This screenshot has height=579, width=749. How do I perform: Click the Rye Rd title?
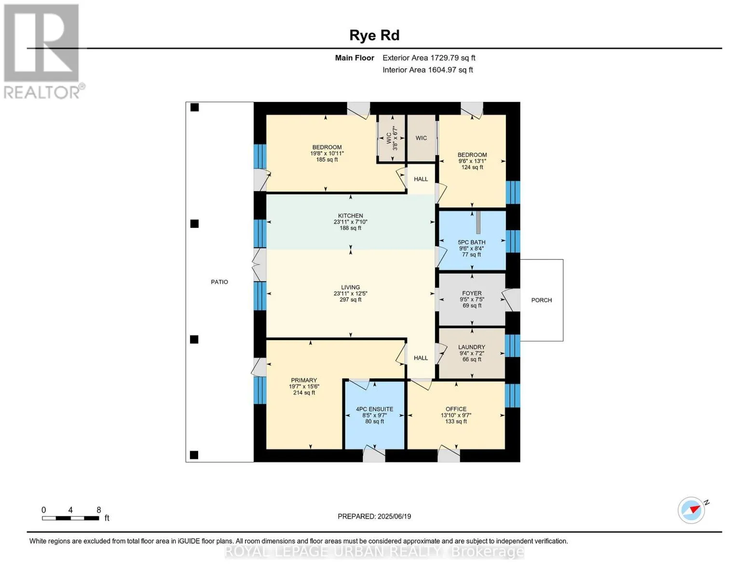click(x=374, y=36)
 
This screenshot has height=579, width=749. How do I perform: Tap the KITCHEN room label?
click(x=351, y=216)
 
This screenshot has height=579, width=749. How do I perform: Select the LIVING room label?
click(x=351, y=287)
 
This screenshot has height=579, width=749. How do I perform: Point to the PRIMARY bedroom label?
click(x=304, y=380)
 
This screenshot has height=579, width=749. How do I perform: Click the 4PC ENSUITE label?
click(x=375, y=409)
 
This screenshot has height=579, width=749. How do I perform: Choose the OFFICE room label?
click(x=456, y=409)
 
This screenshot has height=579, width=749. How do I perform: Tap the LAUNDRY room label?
click(x=472, y=347)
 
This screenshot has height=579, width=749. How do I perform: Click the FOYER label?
click(x=472, y=293)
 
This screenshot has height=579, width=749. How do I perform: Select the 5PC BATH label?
click(x=472, y=242)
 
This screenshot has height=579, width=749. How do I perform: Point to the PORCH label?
click(x=542, y=300)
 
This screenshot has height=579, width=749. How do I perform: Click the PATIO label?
click(x=219, y=282)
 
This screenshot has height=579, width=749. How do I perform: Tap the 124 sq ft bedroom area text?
click(x=472, y=167)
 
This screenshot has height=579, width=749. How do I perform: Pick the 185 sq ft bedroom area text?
click(x=327, y=160)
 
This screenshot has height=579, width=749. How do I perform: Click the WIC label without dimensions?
click(x=421, y=138)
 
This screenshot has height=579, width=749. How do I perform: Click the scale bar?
click(x=71, y=518)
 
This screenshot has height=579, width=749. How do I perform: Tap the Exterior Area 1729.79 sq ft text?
click(x=429, y=58)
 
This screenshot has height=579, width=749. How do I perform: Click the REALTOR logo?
click(x=43, y=52)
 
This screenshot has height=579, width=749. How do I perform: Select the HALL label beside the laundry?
click(x=421, y=358)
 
